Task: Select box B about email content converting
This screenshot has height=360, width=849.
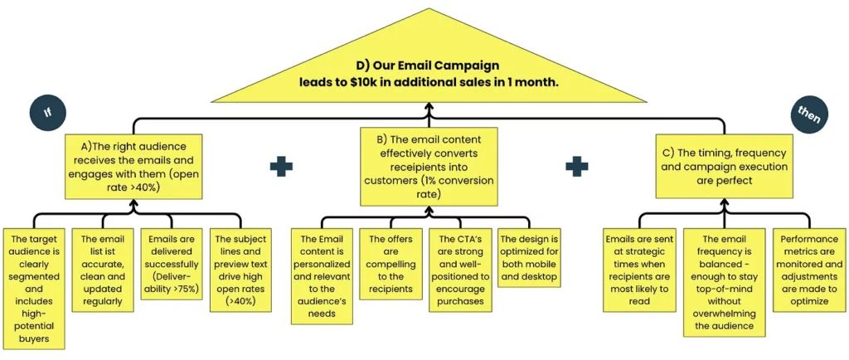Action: click(x=429, y=166)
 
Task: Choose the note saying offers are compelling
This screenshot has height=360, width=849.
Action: click(x=391, y=263)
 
